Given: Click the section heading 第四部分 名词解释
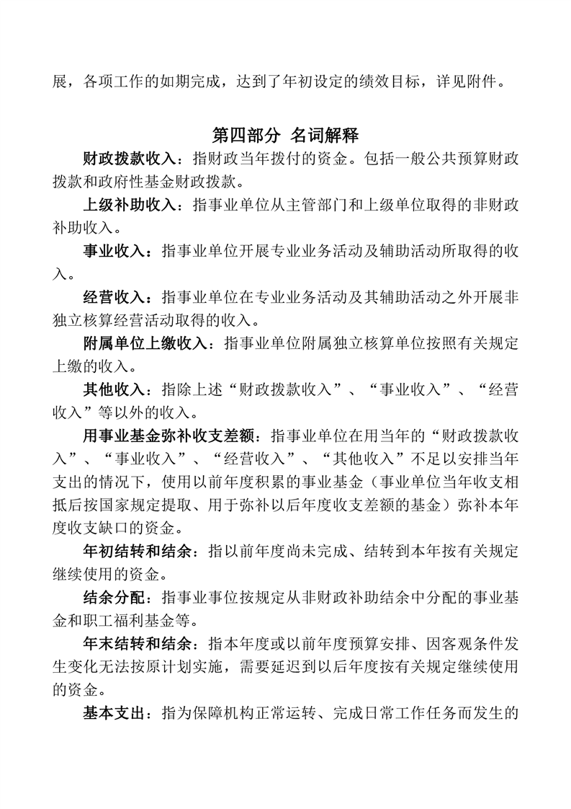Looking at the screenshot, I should (x=286, y=135).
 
